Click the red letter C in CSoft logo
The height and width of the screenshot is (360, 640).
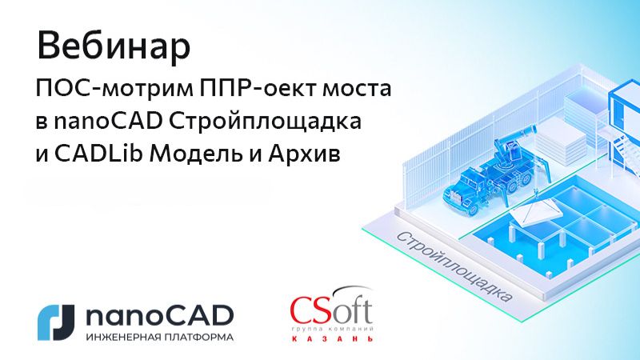(x=304, y=310)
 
